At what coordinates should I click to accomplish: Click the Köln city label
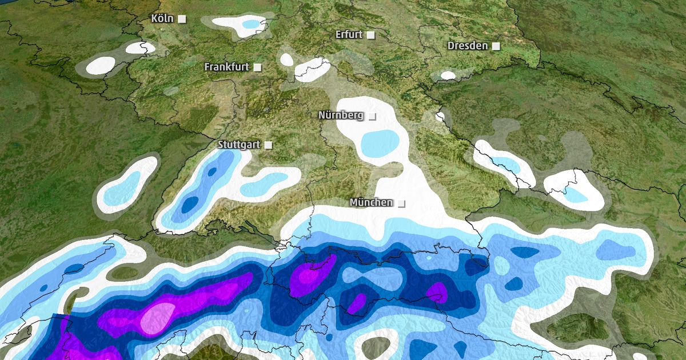point(162,19)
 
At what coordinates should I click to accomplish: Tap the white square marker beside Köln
point(182,19)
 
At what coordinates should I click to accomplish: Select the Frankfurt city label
point(226,67)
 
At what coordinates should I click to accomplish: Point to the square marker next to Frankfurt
point(258,67)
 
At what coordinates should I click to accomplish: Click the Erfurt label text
point(349,35)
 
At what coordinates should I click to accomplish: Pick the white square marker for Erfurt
point(371,35)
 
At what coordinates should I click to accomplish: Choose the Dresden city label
point(468,46)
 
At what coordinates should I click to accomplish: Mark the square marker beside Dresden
point(496,46)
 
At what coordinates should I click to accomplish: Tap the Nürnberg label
point(341,115)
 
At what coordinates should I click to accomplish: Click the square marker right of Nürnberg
point(372,116)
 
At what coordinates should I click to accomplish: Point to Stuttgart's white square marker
point(268,145)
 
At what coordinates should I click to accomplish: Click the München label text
point(371,203)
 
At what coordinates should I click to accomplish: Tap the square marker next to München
point(401,203)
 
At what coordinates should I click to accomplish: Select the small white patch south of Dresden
point(448,75)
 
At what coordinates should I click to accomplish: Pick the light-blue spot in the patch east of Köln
point(250,24)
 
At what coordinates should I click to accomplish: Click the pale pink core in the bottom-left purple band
point(158,314)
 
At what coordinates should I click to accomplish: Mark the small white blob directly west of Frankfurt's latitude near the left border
point(101,65)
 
